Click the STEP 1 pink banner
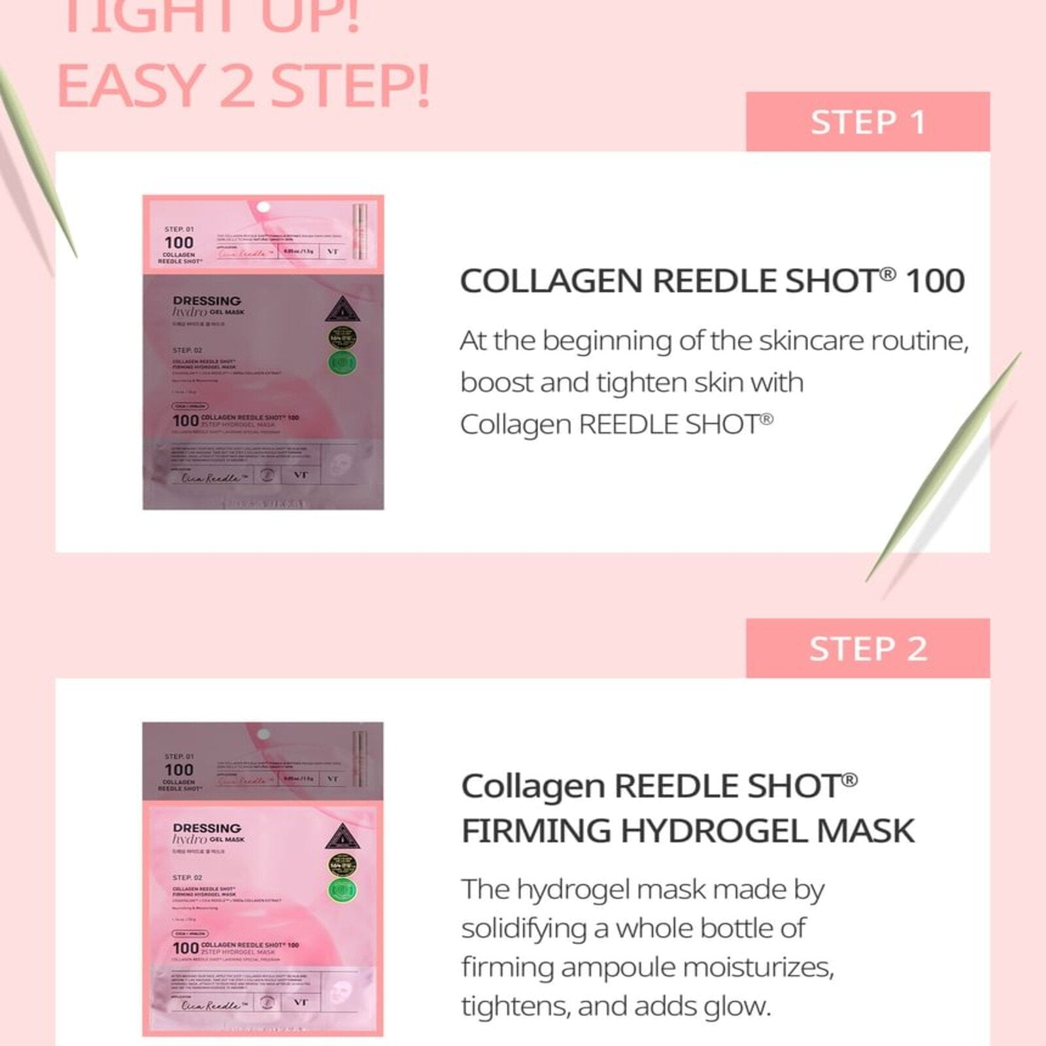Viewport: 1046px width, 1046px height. pos(868,122)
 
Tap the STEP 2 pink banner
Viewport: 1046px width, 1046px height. pos(868,649)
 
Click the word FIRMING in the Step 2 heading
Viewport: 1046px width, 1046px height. pos(535,831)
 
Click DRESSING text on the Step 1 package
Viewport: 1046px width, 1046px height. pos(207,301)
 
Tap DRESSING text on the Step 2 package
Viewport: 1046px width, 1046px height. pos(207,828)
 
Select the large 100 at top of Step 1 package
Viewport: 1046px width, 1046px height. pos(178,243)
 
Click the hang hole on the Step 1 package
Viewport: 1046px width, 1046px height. pos(263,207)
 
